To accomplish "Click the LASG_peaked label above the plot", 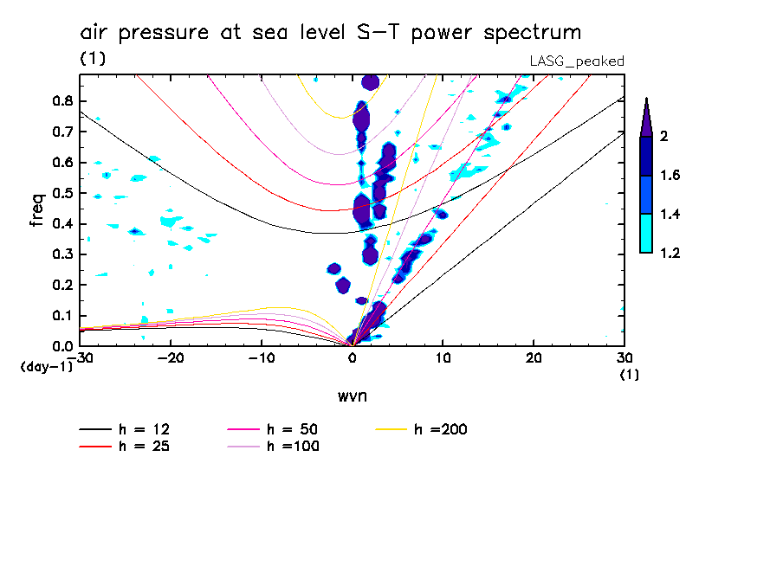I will click(577, 61).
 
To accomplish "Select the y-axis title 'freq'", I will click(36, 209).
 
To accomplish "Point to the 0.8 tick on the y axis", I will click(61, 100).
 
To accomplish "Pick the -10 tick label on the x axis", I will click(262, 358).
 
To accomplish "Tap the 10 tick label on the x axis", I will click(443, 358).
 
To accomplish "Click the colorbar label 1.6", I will click(671, 176).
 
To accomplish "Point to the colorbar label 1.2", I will click(671, 254).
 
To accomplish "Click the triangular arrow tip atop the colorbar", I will click(646, 117).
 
